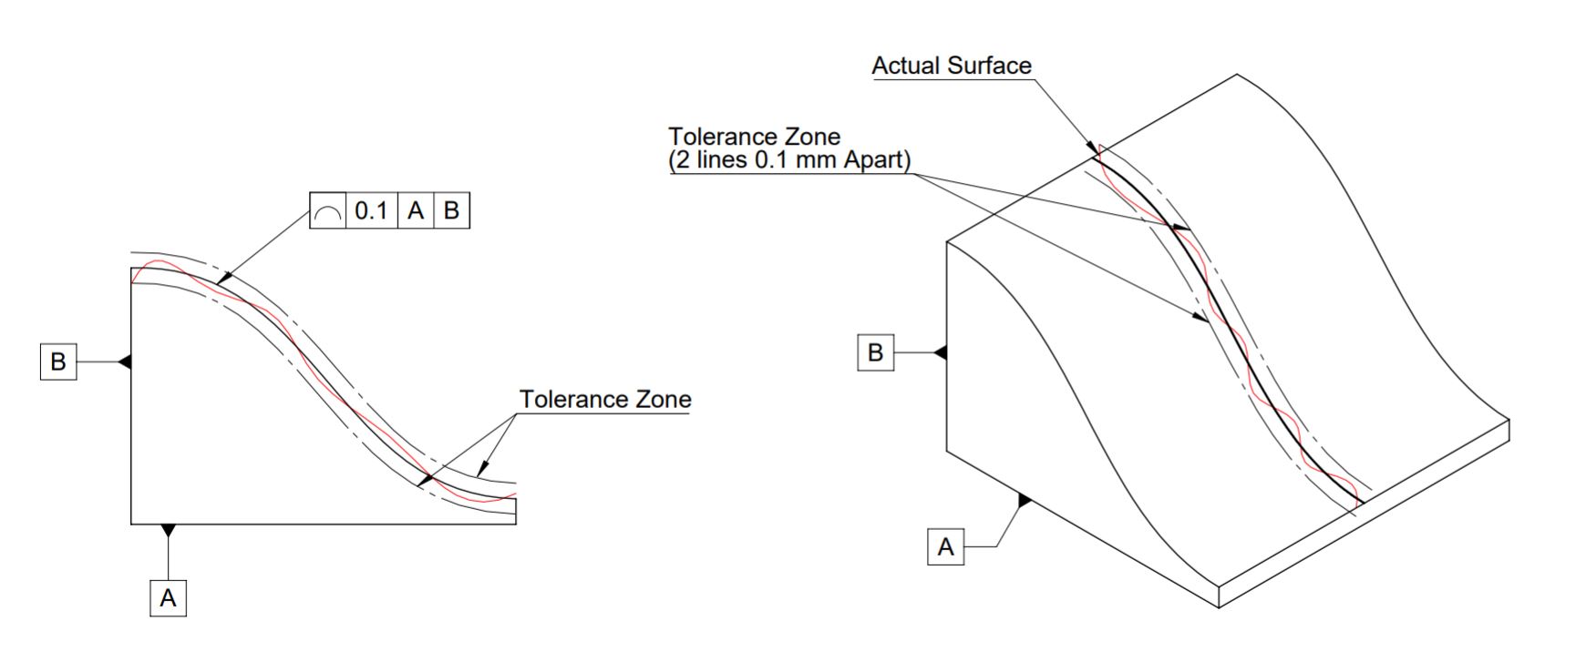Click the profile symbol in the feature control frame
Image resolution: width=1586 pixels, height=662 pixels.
(x=328, y=211)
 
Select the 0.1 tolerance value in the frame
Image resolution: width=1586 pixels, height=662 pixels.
(x=371, y=211)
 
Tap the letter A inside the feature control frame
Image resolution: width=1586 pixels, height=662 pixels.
(x=416, y=211)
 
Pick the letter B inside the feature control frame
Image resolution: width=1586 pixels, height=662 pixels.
(x=451, y=211)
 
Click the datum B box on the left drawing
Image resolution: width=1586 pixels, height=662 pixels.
(x=57, y=362)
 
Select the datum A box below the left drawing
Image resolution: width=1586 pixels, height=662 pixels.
(x=168, y=598)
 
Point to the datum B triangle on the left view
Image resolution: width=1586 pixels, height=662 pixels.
(x=126, y=362)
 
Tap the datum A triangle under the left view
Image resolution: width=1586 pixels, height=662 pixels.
(x=168, y=530)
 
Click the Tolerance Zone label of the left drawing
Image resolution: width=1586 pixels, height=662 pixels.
(x=605, y=400)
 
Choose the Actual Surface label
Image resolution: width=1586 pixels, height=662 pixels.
(x=952, y=66)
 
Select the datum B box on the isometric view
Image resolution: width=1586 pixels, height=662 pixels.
(x=876, y=352)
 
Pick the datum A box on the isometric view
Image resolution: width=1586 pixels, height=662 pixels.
(x=945, y=546)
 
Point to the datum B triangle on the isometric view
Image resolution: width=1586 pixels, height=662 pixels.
(x=942, y=352)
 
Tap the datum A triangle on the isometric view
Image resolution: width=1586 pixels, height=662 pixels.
(x=1025, y=501)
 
